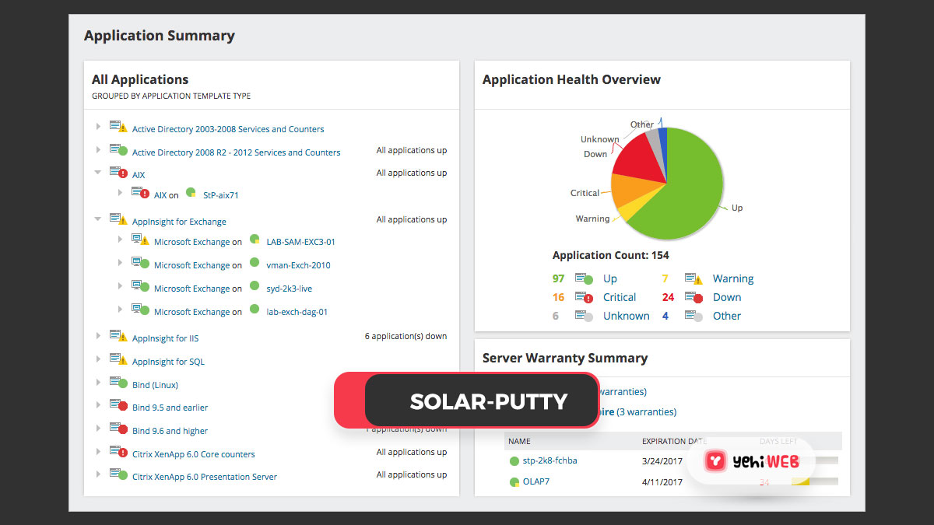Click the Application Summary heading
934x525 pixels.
[x=159, y=36]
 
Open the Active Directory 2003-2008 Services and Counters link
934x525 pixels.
[x=227, y=129]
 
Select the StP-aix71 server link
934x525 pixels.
[x=220, y=195]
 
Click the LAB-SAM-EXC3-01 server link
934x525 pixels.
[x=300, y=242]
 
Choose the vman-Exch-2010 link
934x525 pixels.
[x=298, y=265]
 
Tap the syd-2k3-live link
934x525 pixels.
[x=289, y=289]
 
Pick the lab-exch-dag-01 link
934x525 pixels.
[x=297, y=312]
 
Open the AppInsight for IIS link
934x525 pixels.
[x=165, y=338]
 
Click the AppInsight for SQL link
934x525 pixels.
[x=168, y=362]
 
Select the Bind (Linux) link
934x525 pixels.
[x=155, y=385]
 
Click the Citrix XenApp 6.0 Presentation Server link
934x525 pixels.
[x=204, y=477]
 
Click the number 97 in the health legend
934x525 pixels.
[x=558, y=278]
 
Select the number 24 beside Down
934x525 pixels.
[x=668, y=297]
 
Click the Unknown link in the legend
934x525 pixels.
[x=626, y=316]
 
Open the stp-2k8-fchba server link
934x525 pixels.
[x=550, y=460]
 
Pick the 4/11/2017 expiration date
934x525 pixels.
[x=662, y=482]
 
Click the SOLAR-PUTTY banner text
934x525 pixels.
[x=488, y=401]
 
